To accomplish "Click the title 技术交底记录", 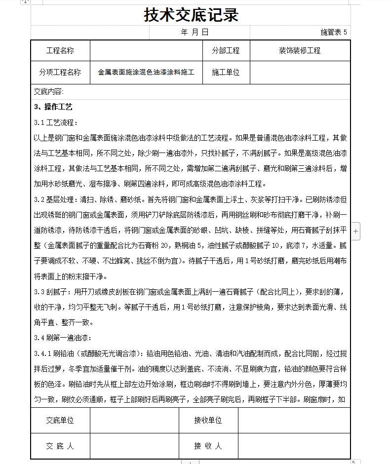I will tap(191, 15).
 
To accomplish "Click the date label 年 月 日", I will tap(195, 32).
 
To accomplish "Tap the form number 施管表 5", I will tap(334, 32).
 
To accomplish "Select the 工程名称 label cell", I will tap(60, 50).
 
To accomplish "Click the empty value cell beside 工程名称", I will tap(146, 50).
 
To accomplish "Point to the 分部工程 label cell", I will tap(226, 50).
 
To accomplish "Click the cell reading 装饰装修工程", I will tap(300, 50).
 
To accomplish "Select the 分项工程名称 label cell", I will tap(60, 72).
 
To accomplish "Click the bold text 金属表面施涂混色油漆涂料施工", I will tap(146, 72).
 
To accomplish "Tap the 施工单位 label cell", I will tap(226, 72).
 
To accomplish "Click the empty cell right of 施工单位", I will tap(300, 72).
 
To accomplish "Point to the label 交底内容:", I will tap(49, 92).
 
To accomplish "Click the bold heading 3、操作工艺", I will tap(53, 107).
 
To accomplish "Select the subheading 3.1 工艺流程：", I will tap(56, 122).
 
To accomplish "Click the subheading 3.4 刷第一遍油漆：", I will tap(63, 338).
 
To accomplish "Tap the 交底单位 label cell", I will tap(60, 421).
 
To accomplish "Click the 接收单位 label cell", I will tap(208, 421).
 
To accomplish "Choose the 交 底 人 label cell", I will tap(60, 446).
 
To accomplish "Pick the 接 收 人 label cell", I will tap(208, 446).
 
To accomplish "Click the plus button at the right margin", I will tap(356, 230).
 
